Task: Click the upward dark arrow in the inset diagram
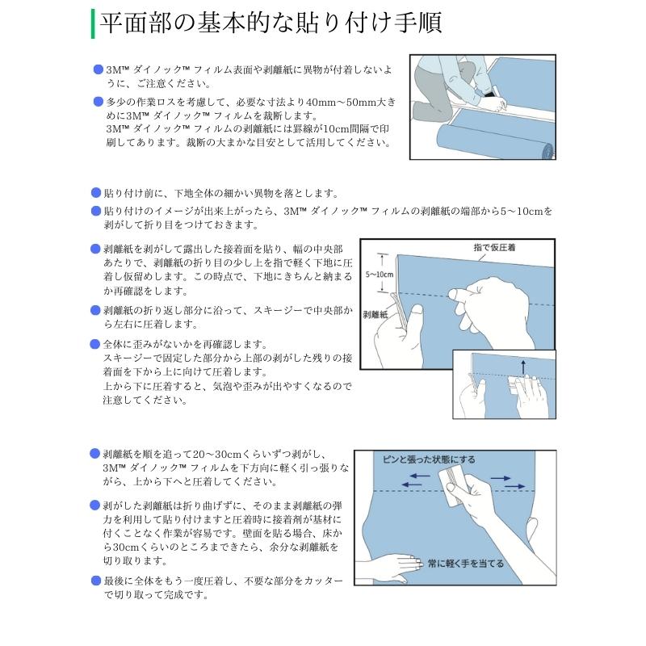(523, 367)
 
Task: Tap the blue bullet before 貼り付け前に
(96, 193)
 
